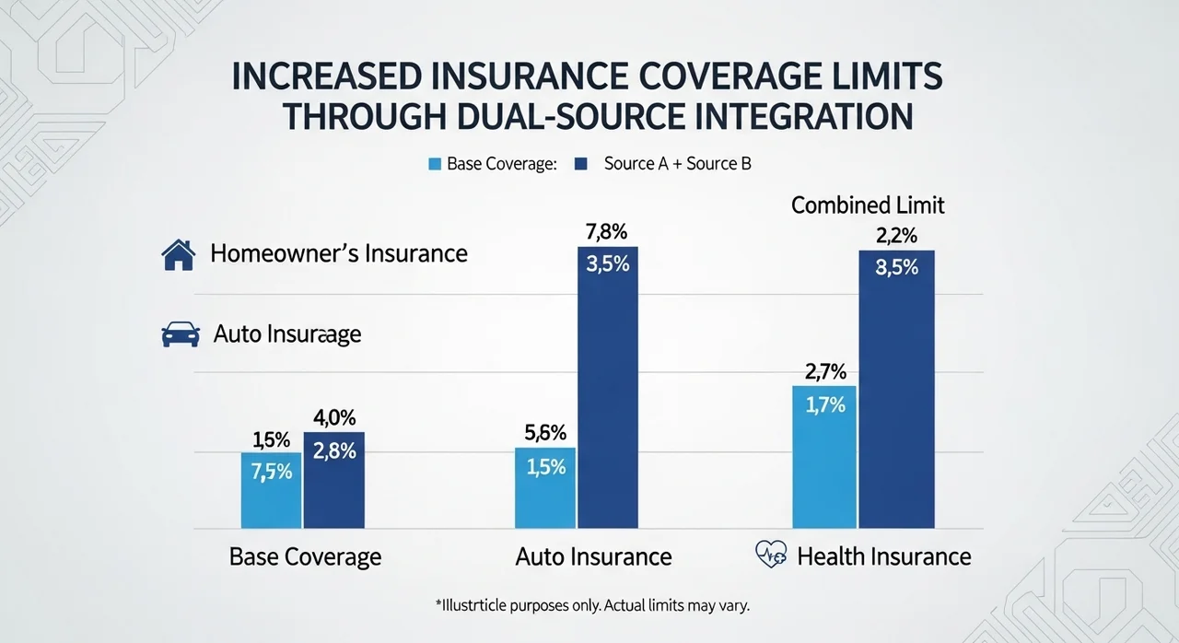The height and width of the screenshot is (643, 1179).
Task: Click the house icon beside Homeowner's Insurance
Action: tap(178, 254)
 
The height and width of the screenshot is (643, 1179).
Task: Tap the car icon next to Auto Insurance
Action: tap(181, 333)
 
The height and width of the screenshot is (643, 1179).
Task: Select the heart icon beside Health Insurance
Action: tap(770, 555)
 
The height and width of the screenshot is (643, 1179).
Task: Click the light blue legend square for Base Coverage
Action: tap(435, 165)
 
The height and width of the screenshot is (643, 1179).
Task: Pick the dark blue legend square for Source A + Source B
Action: tap(580, 165)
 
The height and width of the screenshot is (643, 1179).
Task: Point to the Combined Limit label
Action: tap(868, 205)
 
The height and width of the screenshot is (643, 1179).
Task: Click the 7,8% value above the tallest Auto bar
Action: tap(606, 232)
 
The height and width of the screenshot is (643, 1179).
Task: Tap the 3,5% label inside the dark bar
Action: tap(607, 264)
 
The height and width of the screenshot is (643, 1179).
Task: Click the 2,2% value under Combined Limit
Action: tap(897, 236)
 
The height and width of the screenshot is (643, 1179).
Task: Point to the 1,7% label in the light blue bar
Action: tap(823, 404)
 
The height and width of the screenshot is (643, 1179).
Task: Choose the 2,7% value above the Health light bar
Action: tap(823, 373)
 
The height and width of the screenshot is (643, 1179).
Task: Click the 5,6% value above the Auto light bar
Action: tap(544, 434)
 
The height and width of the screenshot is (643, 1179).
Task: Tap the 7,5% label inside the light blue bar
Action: tap(271, 472)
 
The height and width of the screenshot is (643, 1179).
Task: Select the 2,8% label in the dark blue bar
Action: tap(333, 451)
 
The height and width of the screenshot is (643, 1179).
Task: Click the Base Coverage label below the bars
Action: tap(305, 556)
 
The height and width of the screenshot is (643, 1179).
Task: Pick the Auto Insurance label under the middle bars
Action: tap(593, 556)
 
